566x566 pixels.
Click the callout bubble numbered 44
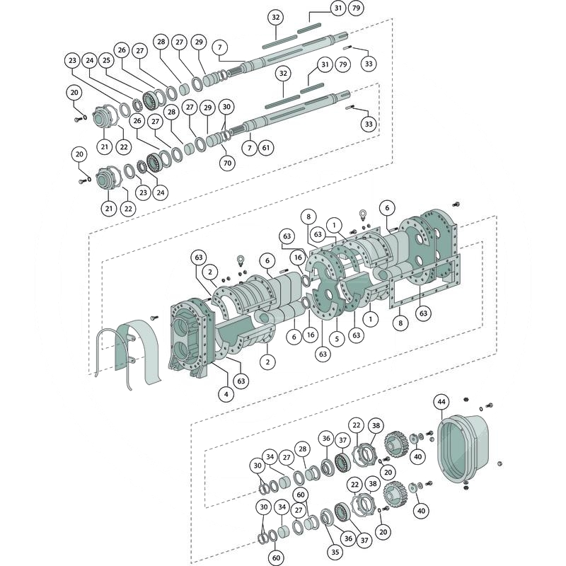pyautogui.click(x=441, y=403)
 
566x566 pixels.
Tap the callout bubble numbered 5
pyautogui.click(x=337, y=339)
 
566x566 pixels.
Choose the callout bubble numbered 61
pyautogui.click(x=265, y=147)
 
